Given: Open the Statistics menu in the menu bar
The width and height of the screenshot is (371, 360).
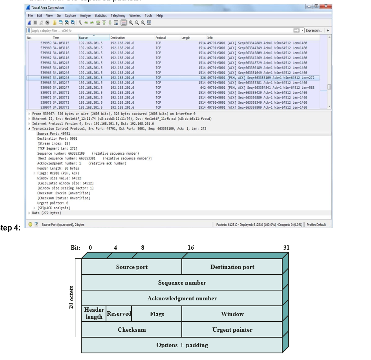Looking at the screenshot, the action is [101, 16].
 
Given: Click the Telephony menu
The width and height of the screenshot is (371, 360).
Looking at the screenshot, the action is [118, 16].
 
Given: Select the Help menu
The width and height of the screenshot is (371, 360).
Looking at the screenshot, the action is [159, 16].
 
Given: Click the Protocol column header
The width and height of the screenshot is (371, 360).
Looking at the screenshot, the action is [161, 38].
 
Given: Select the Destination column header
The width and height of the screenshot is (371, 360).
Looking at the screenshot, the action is [117, 38].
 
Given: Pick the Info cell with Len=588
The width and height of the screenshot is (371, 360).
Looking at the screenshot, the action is [257, 88].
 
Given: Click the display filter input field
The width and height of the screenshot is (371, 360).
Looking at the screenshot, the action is [157, 30].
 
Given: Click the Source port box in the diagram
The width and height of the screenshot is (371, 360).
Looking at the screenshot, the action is [132, 267].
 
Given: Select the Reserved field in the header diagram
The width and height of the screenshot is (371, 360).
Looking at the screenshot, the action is [119, 314].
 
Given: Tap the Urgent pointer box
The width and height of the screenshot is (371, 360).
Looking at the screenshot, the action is [232, 330].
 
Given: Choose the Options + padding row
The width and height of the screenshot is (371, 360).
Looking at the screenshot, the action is [182, 345].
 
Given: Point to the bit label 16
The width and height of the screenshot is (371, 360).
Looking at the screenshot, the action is [191, 248].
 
